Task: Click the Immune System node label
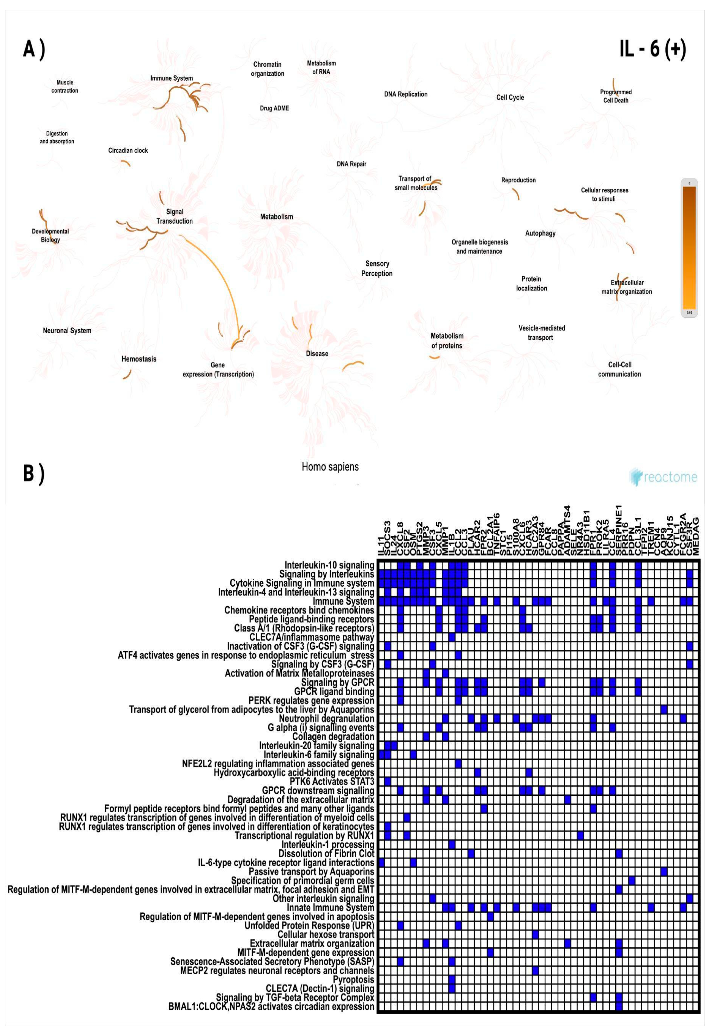pos(171,78)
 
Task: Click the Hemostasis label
pos(139,359)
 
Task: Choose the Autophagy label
pos(540,233)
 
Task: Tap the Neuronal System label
pos(67,331)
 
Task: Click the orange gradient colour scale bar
pos(689,247)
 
